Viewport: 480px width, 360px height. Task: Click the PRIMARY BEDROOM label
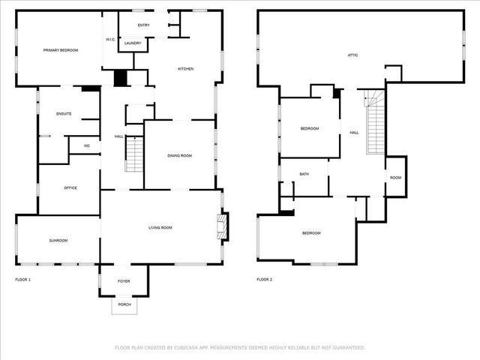[61, 50]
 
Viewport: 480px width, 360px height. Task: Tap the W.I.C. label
[109, 40]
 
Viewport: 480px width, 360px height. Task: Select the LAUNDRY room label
[133, 43]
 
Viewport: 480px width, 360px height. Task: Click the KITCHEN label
[185, 69]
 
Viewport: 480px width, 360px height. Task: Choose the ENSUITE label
[64, 113]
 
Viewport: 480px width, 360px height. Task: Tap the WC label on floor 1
[87, 145]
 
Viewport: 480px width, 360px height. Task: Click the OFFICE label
[70, 187]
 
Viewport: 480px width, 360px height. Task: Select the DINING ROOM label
[180, 155]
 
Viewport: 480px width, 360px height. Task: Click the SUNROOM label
[58, 240]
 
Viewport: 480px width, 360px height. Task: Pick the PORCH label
[124, 304]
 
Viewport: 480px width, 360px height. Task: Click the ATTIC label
[352, 55]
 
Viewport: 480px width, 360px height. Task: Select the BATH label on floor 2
[304, 174]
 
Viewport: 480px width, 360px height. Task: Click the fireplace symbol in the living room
[222, 226]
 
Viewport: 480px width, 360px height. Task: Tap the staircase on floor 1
[133, 154]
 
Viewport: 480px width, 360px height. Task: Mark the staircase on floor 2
[376, 124]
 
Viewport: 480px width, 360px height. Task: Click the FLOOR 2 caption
[265, 279]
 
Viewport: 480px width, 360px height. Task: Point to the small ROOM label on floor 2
[395, 178]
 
